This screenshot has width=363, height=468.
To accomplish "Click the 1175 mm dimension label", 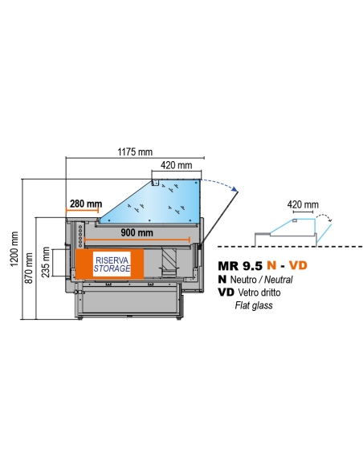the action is coord(135,151).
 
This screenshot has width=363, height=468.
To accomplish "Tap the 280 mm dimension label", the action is coord(86,204).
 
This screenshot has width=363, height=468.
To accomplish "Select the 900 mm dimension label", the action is coord(137,232).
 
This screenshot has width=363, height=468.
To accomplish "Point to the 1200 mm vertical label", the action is coord(14,249).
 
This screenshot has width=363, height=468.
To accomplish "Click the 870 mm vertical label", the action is coord(29,268).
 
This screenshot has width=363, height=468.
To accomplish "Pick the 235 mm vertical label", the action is coord(46,262).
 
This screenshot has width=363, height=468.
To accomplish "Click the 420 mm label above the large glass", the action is coord(176,165).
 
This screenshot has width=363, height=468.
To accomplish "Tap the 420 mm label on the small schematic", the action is coord(303,204).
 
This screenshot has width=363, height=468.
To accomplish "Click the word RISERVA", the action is coord(112,260).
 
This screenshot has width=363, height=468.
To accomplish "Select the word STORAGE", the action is coord(112,268).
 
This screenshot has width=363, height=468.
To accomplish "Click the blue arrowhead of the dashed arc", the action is coord(235,188).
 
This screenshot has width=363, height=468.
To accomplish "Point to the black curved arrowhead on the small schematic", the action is coord(330,220).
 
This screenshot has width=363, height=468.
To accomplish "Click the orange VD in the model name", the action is coord(298,265).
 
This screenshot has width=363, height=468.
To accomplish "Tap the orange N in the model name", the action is coord(271,265).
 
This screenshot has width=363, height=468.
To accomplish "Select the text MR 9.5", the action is coord(240,265).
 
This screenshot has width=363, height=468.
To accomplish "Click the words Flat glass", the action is coord(254,305).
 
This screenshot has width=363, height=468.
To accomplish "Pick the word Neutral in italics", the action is coord(279,280).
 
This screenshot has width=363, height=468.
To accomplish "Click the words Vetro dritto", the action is coord(259,292).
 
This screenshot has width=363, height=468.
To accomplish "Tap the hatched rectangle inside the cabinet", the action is coord(169,259).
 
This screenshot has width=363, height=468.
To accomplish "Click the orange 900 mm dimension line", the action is coord(137,240).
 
